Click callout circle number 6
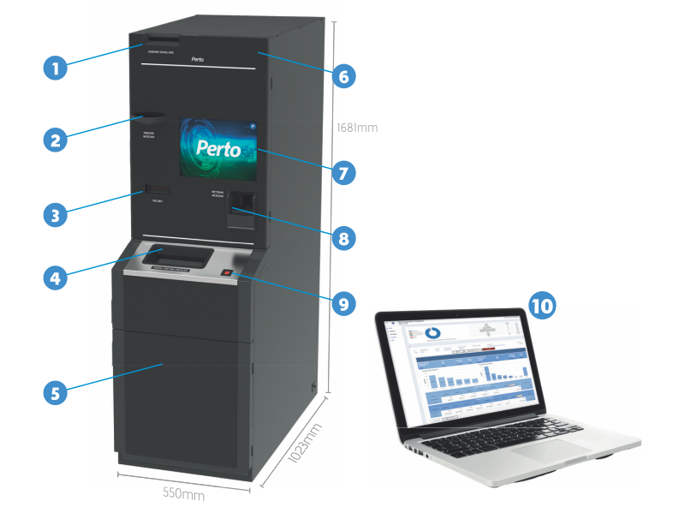pyautogui.click(x=342, y=76)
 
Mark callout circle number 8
pyautogui.click(x=342, y=238)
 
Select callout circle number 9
pyautogui.click(x=342, y=302)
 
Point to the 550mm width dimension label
pyautogui.click(x=183, y=494)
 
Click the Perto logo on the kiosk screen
pyautogui.click(x=217, y=148)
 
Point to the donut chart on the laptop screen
pyautogui.click(x=433, y=331)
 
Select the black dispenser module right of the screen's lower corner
pyautogui.click(x=241, y=210)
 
